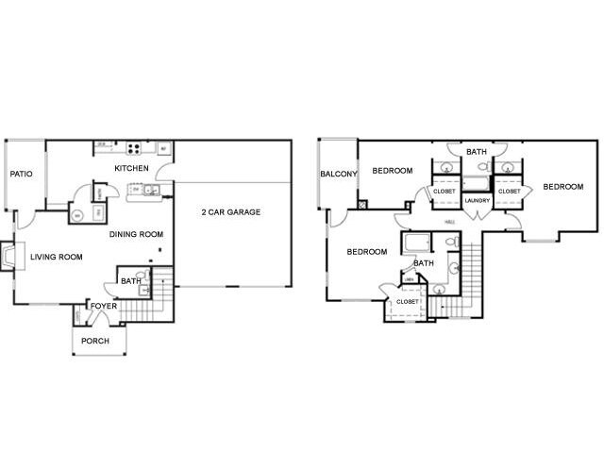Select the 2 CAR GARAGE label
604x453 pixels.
pyautogui.click(x=230, y=211)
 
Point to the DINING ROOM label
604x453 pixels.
pyautogui.click(x=137, y=234)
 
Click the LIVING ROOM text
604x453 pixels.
pyautogui.click(x=57, y=257)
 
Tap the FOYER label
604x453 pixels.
pyautogui.click(x=102, y=306)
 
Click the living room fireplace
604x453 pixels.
pyautogui.click(x=9, y=257)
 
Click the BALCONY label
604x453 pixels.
pyautogui.click(x=338, y=174)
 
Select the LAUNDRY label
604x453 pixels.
pyautogui.click(x=477, y=200)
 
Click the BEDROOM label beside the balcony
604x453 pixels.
pyautogui.click(x=392, y=171)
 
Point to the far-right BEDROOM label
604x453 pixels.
pyautogui.click(x=562, y=187)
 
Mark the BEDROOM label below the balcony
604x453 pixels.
pyautogui.click(x=366, y=252)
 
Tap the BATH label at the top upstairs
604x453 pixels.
pyautogui.click(x=477, y=151)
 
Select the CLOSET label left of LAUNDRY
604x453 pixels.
pyautogui.click(x=444, y=191)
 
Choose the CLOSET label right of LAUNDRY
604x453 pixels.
pyautogui.click(x=509, y=191)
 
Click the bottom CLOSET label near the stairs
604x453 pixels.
pyautogui.click(x=407, y=301)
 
